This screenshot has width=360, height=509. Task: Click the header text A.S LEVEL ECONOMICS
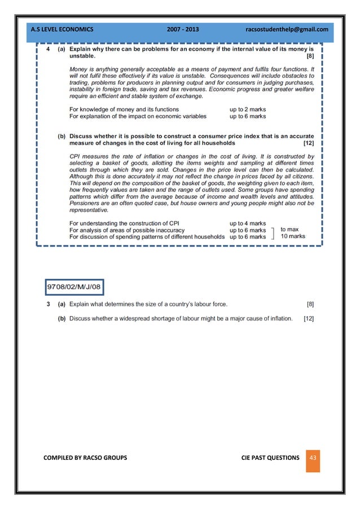(x=62, y=29)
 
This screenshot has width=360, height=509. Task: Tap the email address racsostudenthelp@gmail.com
(x=287, y=29)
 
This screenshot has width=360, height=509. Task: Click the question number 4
(x=48, y=50)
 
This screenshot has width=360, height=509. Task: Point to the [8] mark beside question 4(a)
(x=310, y=56)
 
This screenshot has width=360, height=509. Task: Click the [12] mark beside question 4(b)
(x=308, y=143)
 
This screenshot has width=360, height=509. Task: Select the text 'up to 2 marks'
(x=247, y=109)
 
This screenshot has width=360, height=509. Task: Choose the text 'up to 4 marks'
(x=247, y=223)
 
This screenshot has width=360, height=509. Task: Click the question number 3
(x=49, y=304)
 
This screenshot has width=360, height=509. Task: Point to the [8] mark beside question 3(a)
(x=310, y=304)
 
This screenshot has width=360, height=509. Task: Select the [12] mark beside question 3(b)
(x=308, y=319)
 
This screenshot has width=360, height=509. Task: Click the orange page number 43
(x=312, y=458)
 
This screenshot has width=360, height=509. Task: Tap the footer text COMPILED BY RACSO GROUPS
(x=85, y=457)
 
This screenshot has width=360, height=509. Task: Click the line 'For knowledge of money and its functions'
(x=124, y=109)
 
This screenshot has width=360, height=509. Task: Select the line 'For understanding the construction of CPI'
(x=124, y=223)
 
